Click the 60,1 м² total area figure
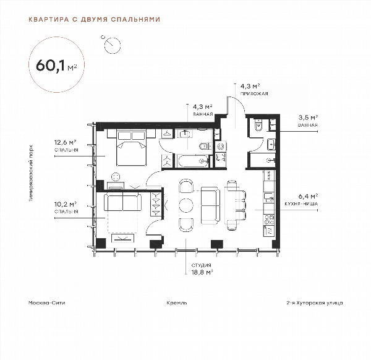(x=56, y=65)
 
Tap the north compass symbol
(x=113, y=45)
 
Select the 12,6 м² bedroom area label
(x=66, y=142)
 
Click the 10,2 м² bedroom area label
(x=66, y=204)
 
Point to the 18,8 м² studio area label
(x=202, y=272)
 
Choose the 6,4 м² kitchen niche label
(x=308, y=196)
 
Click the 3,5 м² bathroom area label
(x=308, y=118)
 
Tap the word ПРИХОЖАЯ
(x=254, y=94)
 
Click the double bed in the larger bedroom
(x=131, y=147)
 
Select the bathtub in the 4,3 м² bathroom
(x=193, y=161)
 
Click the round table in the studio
(x=186, y=205)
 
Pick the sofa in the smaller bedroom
(x=123, y=201)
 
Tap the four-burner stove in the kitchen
(x=269, y=220)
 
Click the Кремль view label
(x=177, y=302)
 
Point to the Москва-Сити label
(x=46, y=302)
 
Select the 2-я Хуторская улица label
(x=315, y=303)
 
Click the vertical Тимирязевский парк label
(x=31, y=173)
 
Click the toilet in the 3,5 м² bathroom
(x=258, y=125)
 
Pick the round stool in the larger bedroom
(x=116, y=176)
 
